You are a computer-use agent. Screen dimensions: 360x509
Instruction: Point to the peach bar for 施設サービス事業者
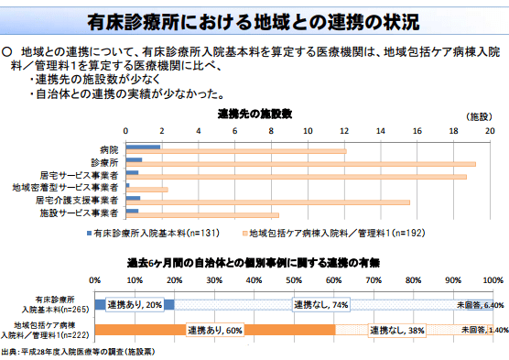201,214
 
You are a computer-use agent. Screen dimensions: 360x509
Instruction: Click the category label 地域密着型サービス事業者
64,186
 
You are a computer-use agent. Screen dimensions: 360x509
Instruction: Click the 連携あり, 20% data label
135,303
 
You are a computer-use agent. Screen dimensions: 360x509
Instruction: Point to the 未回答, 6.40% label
481,304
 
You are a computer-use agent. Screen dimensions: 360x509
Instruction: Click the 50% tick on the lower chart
294,279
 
